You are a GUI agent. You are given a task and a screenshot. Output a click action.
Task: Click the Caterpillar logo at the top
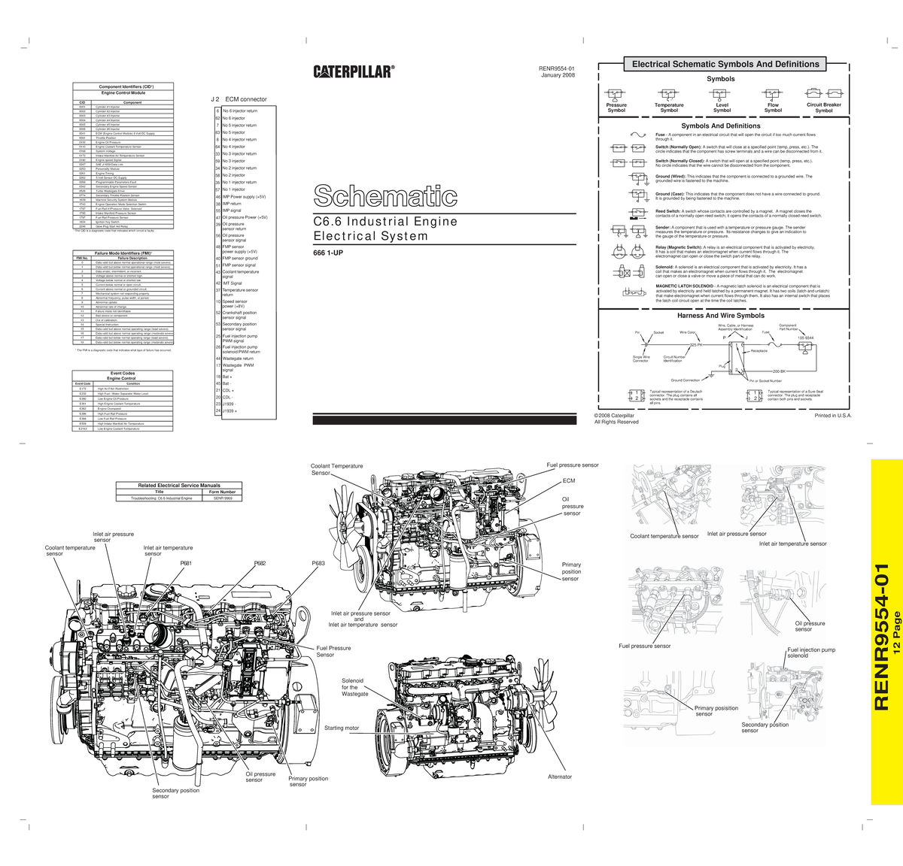click(354, 71)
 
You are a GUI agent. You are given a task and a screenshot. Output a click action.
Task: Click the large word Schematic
click(385, 196)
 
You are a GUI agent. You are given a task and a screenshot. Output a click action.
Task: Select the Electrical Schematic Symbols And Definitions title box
click(725, 65)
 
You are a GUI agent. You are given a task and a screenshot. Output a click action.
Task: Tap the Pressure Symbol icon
click(616, 93)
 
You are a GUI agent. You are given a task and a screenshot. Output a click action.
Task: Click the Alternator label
click(559, 777)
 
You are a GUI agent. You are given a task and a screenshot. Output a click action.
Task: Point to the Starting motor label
click(342, 728)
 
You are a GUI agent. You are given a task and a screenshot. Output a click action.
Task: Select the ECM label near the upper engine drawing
click(568, 480)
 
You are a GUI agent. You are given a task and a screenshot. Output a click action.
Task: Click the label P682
click(260, 563)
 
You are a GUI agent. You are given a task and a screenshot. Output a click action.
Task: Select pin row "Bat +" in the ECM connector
click(228, 376)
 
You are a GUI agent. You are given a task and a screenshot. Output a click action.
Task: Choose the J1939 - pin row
click(229, 404)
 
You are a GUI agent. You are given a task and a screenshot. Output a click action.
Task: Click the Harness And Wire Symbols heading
click(721, 316)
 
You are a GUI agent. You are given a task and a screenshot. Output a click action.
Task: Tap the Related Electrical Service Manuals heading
click(179, 486)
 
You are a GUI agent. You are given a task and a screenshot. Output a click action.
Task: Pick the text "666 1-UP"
click(328, 253)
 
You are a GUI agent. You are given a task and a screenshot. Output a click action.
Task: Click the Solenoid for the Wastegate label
click(354, 686)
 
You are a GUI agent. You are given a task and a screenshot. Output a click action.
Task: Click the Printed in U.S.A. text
click(832, 415)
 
